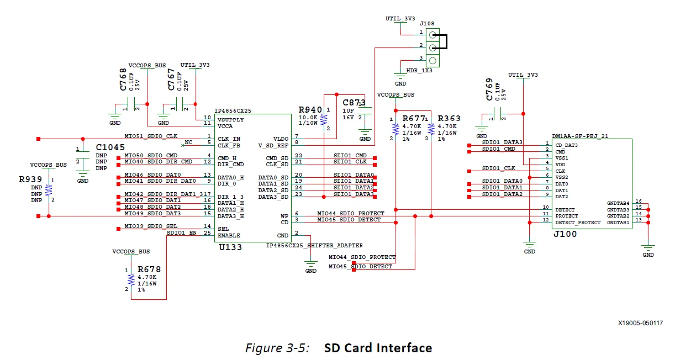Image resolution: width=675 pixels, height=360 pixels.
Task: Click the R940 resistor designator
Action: pos(310,110)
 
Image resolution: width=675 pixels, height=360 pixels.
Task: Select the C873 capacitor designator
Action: pos(354,103)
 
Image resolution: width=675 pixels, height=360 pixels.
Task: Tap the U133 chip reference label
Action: pos(230,247)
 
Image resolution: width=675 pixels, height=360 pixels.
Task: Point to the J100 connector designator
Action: pos(565,234)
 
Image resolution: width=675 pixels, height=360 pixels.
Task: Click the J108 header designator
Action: pos(426,24)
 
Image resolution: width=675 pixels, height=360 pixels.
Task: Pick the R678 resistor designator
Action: pos(149,269)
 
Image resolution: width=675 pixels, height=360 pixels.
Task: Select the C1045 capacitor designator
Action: pos(110,147)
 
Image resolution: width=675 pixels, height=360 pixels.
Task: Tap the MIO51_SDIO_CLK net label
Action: pos(151,136)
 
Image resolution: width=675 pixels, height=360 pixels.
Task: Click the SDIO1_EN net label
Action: pos(182,232)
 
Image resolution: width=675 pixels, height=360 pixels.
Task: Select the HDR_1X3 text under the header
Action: pos(420,71)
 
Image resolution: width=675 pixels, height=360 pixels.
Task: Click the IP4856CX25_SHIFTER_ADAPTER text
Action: pos(314,245)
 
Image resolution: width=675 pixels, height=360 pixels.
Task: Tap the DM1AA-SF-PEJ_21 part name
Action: pos(579,136)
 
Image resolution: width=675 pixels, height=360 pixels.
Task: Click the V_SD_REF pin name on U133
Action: pos(273,145)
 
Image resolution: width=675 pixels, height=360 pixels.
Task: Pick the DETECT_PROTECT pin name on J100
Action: pos(578,223)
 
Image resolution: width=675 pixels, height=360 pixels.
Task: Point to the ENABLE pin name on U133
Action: pos(229,235)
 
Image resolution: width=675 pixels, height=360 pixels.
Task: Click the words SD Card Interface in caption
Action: pos(378,348)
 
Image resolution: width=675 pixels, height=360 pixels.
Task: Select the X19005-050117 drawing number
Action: pos(640,323)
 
